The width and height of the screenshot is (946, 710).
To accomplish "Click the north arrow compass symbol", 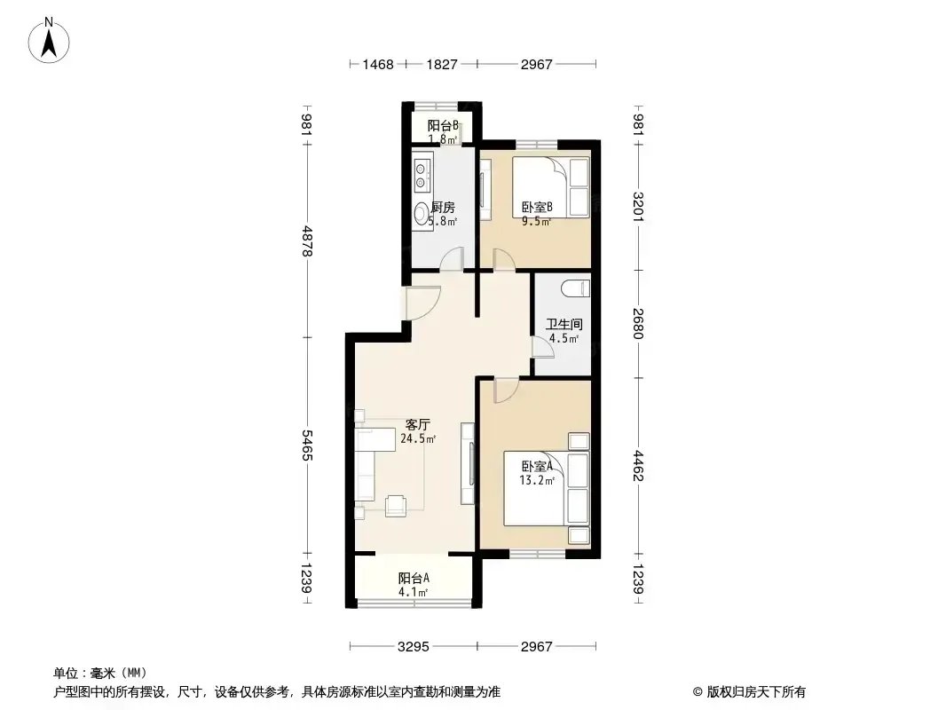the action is (x=49, y=41).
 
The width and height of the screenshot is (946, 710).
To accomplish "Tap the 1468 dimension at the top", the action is (x=378, y=64).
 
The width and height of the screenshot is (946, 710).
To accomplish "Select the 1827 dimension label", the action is (x=442, y=64).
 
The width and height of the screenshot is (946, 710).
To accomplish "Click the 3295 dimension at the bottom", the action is (x=414, y=647).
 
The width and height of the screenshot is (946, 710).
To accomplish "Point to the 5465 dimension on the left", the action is (x=307, y=446).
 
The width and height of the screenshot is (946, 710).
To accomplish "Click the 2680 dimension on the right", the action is (x=638, y=323).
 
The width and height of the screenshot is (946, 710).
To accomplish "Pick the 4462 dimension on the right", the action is (x=638, y=466).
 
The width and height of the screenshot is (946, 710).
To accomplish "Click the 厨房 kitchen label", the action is (x=443, y=208).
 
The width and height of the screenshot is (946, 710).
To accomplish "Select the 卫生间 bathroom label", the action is (x=564, y=325).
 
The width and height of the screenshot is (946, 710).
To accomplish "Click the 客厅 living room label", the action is (x=417, y=425).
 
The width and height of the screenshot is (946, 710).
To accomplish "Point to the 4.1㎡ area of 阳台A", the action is (x=413, y=592).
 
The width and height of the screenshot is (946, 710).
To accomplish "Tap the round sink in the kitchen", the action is (x=422, y=213).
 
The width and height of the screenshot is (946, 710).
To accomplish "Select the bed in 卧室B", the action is (x=550, y=187).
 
